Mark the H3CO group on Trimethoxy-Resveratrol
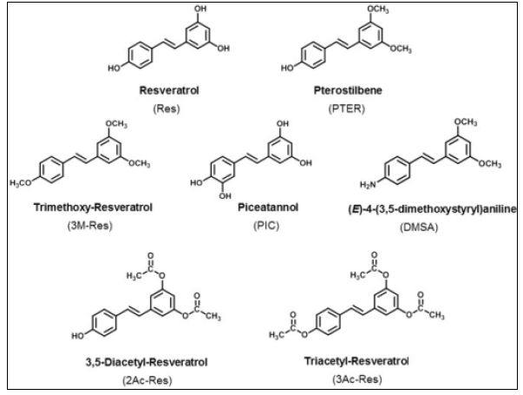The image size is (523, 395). (21, 184)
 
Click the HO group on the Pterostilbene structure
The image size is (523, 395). (284, 67)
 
